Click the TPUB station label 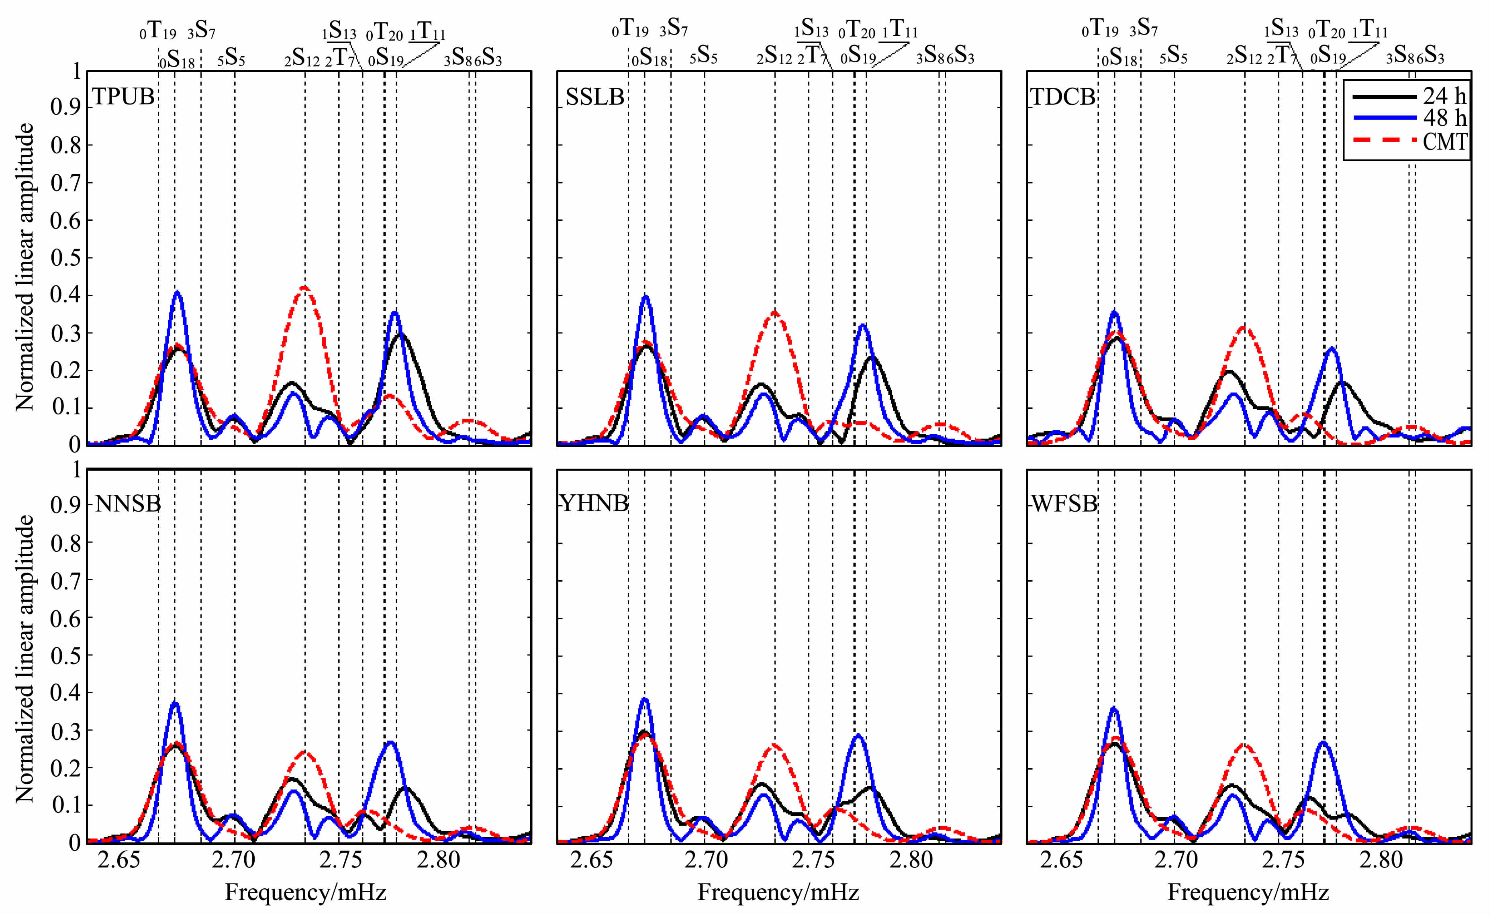pos(123,97)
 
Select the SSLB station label pos(595,97)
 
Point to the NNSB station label pos(128,504)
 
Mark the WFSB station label pos(1064,504)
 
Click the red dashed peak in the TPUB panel pos(304,288)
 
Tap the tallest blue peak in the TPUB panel pos(177,293)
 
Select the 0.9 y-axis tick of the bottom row pos(65,505)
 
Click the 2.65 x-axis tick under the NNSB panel pos(118,860)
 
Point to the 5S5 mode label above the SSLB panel pos(703,56)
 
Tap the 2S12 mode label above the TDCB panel pos(1244,56)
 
